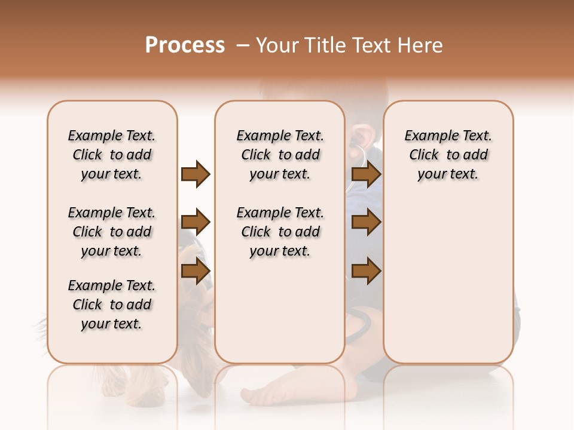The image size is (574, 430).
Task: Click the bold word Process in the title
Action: pos(185,45)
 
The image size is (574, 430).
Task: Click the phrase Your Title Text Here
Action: pos(349,45)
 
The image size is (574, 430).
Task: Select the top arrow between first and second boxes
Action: pos(196,174)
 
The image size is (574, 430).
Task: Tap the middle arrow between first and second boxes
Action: pos(196,223)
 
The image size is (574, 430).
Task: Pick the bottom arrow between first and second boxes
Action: pos(196,271)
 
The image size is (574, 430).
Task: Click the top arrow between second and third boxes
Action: pos(366,174)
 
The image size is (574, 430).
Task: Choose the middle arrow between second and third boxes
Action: pos(366,223)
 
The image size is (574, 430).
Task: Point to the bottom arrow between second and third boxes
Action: pos(366,271)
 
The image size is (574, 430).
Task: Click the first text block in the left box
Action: pos(112,155)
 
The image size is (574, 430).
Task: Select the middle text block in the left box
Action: pos(112,232)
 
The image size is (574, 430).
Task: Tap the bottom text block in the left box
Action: pos(112,305)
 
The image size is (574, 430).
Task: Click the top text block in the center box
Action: pos(280,155)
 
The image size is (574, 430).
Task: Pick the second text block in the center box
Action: pos(280,232)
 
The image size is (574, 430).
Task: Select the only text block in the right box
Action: pos(448,155)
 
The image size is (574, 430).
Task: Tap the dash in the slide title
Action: pos(243,45)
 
